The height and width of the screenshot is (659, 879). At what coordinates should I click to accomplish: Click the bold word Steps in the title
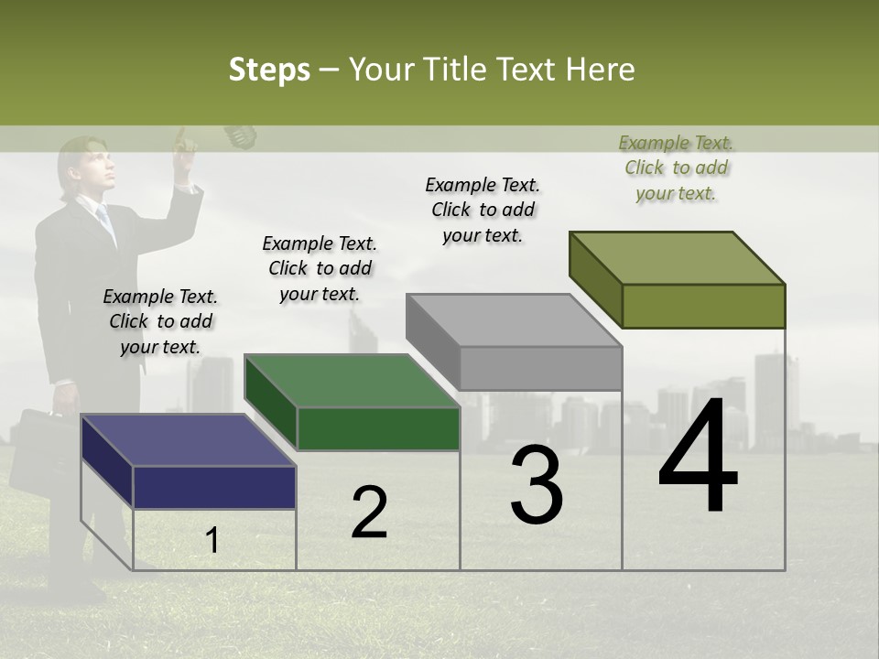coord(269,70)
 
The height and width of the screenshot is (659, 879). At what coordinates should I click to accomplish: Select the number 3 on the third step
coord(536,485)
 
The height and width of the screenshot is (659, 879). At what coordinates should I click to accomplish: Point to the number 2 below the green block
coord(369,513)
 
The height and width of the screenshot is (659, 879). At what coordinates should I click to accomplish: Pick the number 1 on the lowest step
coord(212,541)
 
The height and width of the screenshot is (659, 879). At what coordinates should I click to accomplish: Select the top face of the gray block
coord(514,319)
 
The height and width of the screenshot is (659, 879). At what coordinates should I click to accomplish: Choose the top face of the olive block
coord(677,257)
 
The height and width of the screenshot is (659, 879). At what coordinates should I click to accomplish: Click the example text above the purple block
coord(160,321)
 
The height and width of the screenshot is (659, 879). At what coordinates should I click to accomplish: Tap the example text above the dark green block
coord(320,268)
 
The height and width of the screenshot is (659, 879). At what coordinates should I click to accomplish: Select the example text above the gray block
coord(483,210)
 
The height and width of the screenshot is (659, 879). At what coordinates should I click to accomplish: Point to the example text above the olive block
coord(676,167)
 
